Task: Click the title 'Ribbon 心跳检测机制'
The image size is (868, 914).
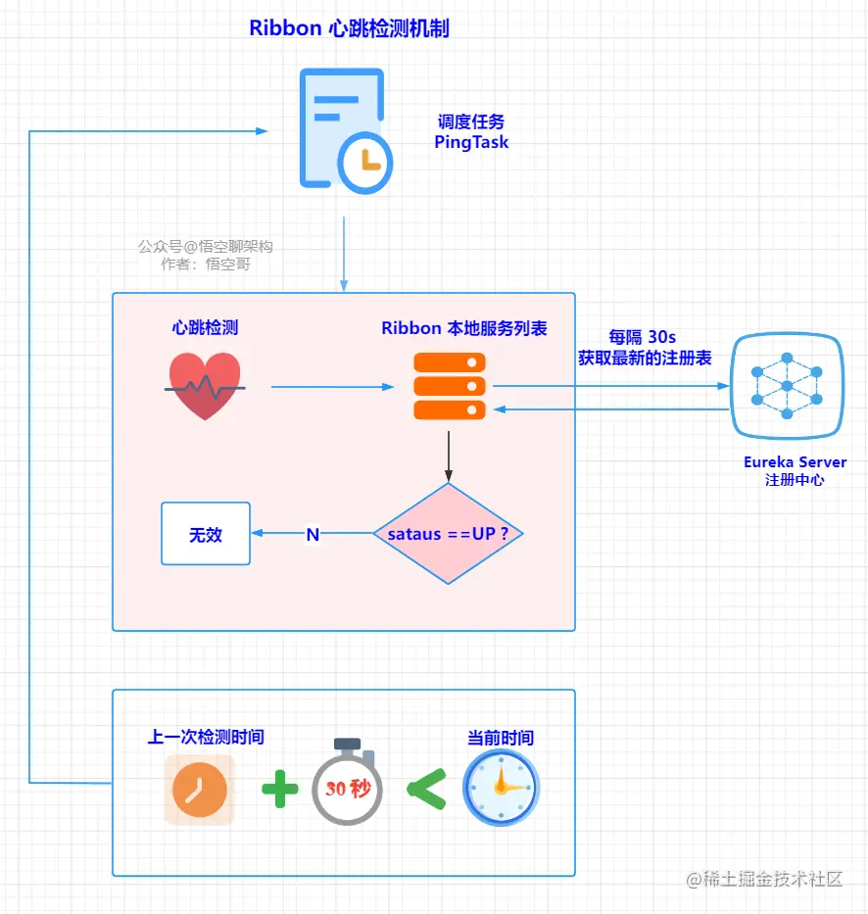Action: click(x=349, y=28)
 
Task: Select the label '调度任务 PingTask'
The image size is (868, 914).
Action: click(x=471, y=132)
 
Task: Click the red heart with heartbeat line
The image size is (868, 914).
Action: click(x=205, y=387)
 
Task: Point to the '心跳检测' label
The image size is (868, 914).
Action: click(x=205, y=328)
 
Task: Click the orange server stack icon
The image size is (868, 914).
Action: click(x=449, y=386)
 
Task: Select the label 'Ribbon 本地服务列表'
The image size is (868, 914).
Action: click(x=464, y=328)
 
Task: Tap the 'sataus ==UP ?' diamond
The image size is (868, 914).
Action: click(x=448, y=534)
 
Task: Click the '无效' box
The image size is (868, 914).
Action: click(x=206, y=534)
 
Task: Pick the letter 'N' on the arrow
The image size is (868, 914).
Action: click(x=313, y=535)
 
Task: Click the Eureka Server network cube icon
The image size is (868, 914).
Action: click(x=787, y=386)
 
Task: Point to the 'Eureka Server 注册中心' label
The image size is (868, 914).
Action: click(x=795, y=471)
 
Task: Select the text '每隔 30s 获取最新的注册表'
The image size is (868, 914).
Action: click(x=644, y=348)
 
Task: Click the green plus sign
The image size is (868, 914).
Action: click(x=279, y=789)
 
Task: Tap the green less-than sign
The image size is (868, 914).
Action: click(x=425, y=789)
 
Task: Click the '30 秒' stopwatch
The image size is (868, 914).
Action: click(x=347, y=786)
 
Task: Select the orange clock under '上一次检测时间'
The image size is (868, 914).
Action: click(x=200, y=790)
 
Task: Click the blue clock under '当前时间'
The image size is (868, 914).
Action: click(x=501, y=788)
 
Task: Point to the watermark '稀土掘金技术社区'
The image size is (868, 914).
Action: click(x=765, y=879)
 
